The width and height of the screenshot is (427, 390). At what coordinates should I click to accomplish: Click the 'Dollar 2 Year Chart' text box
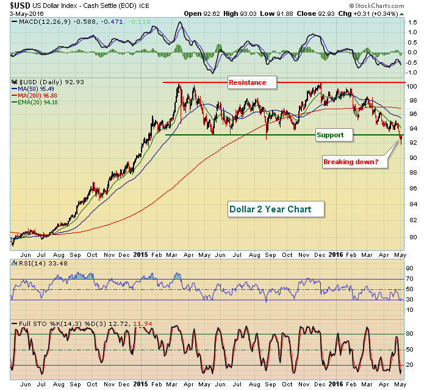point(270,209)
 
